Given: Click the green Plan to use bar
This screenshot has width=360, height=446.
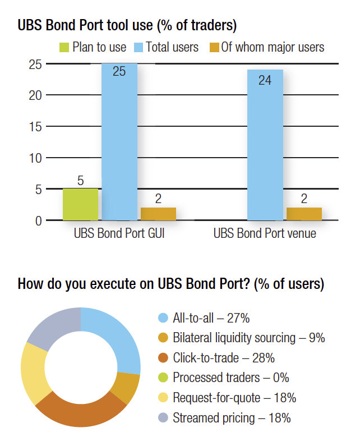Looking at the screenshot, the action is (81, 204).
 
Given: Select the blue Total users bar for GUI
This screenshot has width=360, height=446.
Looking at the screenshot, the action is (119, 141).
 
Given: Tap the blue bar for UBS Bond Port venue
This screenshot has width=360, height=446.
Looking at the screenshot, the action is (265, 145).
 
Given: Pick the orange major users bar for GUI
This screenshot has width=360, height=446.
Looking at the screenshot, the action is (158, 214).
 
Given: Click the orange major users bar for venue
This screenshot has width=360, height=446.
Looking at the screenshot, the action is (304, 214).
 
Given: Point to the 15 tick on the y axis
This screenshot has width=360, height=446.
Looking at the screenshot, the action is (35, 127).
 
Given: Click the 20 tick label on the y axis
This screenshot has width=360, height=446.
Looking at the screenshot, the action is (35, 95).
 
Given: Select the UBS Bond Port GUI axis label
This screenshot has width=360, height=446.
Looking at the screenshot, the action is (119, 233).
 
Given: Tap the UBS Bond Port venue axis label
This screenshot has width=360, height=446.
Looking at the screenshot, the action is (265, 233).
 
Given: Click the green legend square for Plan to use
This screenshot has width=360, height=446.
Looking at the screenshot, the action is (64, 48).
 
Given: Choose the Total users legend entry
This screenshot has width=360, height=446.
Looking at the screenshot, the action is (167, 47).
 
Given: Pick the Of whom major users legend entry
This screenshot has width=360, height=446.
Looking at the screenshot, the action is (267, 47).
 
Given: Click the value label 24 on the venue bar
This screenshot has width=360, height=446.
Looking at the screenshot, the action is (265, 80).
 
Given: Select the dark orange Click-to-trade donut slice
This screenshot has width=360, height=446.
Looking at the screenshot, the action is (81, 411).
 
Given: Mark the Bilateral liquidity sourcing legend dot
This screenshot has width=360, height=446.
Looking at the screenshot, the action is (163, 338).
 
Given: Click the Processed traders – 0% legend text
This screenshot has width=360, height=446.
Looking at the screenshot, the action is (231, 378).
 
